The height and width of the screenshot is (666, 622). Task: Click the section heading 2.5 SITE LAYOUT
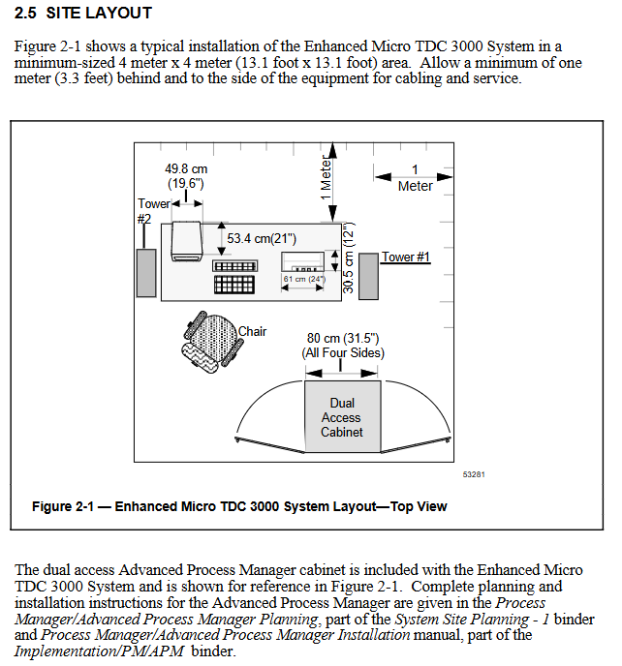[x=83, y=14]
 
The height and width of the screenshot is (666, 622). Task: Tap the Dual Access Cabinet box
[x=342, y=417]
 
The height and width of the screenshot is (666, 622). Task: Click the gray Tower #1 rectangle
[x=368, y=276]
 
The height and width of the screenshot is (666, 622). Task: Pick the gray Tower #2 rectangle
[x=145, y=273]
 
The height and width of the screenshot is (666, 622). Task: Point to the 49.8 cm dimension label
[x=186, y=168]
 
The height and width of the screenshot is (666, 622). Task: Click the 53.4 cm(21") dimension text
[x=262, y=238]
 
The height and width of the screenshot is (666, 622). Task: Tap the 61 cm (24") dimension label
[x=304, y=279]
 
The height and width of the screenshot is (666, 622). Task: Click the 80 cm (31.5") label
[x=342, y=339]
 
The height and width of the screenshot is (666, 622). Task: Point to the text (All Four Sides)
[x=342, y=353]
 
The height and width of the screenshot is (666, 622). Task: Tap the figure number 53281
[x=473, y=474]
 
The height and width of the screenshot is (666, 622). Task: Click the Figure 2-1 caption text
[x=239, y=506]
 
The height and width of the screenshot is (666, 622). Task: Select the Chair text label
[x=253, y=332]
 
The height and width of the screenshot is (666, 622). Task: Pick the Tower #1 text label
[x=406, y=257]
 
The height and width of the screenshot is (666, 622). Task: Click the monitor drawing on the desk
[x=184, y=240]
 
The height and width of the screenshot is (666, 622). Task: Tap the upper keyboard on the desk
[x=233, y=265]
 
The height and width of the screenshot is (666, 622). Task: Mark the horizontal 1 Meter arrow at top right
[x=415, y=176]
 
